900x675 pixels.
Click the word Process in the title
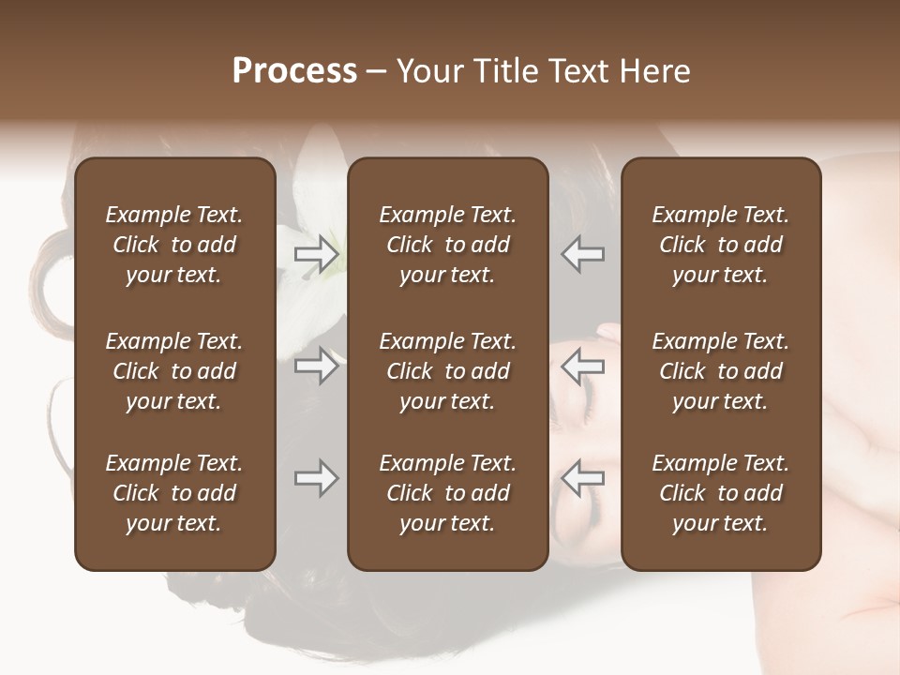pos(294,71)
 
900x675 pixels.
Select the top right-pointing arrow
pos(317,254)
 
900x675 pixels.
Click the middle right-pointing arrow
pos(317,366)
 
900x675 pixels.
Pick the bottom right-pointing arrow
pos(317,478)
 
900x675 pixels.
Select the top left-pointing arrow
pos(582,254)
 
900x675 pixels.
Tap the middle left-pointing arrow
pos(582,366)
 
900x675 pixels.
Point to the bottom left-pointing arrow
pos(582,478)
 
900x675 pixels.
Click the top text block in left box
pos(174,245)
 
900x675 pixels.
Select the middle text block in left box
pos(174,371)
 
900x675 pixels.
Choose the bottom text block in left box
pos(174,493)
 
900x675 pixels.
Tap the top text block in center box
pos(447,245)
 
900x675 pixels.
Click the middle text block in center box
pos(447,371)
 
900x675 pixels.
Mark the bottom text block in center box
pos(447,493)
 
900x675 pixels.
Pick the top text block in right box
pos(720,245)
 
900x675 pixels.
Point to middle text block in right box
pos(720,371)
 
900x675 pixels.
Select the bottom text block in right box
pos(720,493)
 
